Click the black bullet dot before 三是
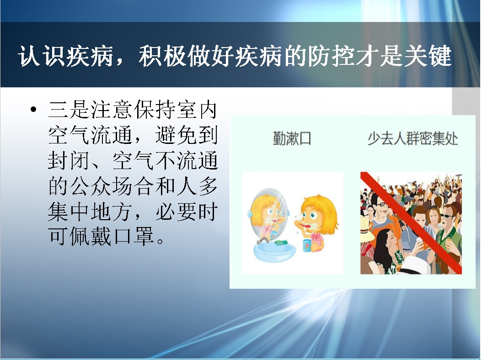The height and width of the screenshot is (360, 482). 34,109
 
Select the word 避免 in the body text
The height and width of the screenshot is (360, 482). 176,135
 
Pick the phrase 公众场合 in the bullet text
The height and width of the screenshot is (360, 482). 112,186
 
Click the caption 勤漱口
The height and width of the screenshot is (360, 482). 292,138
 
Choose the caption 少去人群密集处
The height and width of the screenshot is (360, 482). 412,138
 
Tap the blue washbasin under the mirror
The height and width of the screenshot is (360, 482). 274,251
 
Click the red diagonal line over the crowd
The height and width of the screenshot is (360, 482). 411,222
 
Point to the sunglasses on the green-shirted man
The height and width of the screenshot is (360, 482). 447,216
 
